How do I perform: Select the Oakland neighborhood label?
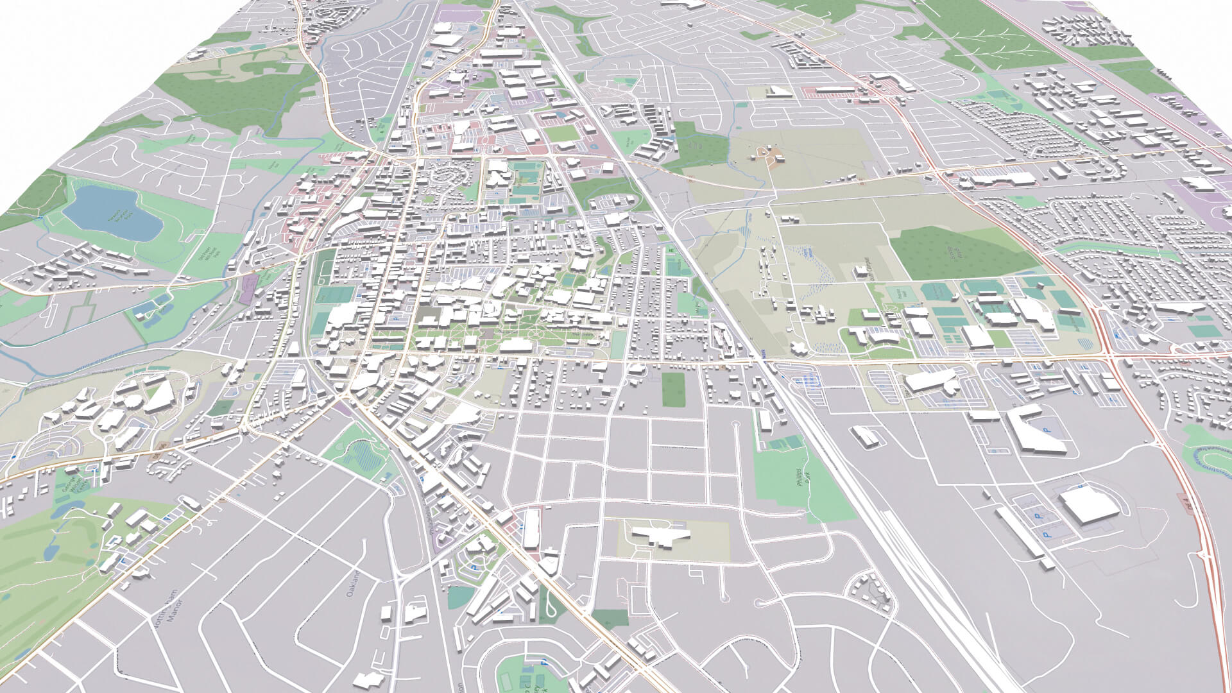352,585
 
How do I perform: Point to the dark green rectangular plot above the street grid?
673,389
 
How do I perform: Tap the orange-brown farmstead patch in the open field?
767,153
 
